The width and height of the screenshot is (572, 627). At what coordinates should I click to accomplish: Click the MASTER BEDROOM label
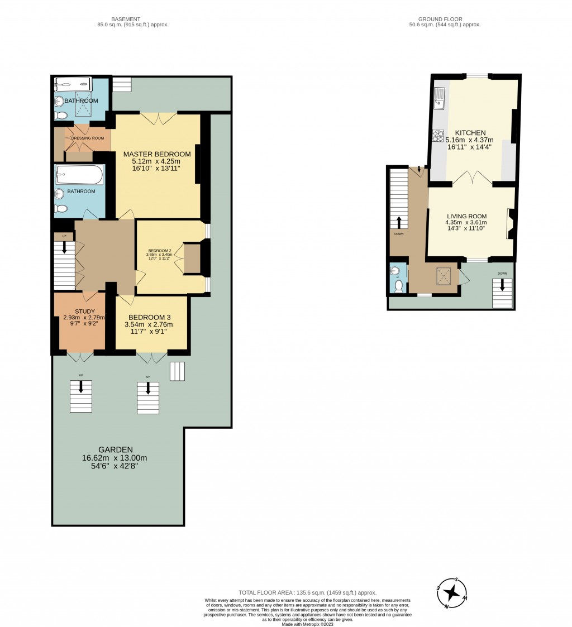[157, 154]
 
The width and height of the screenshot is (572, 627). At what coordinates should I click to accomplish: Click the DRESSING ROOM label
[88, 138]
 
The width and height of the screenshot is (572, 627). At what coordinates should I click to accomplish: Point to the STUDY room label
[84, 312]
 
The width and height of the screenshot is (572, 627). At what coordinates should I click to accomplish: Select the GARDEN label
[116, 449]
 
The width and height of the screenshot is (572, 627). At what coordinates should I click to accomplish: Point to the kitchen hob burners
[437, 136]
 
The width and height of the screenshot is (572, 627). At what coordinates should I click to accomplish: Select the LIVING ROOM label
[466, 217]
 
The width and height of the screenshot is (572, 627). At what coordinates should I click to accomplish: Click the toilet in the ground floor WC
[399, 286]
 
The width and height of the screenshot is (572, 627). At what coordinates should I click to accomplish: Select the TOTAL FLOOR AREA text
[307, 592]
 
